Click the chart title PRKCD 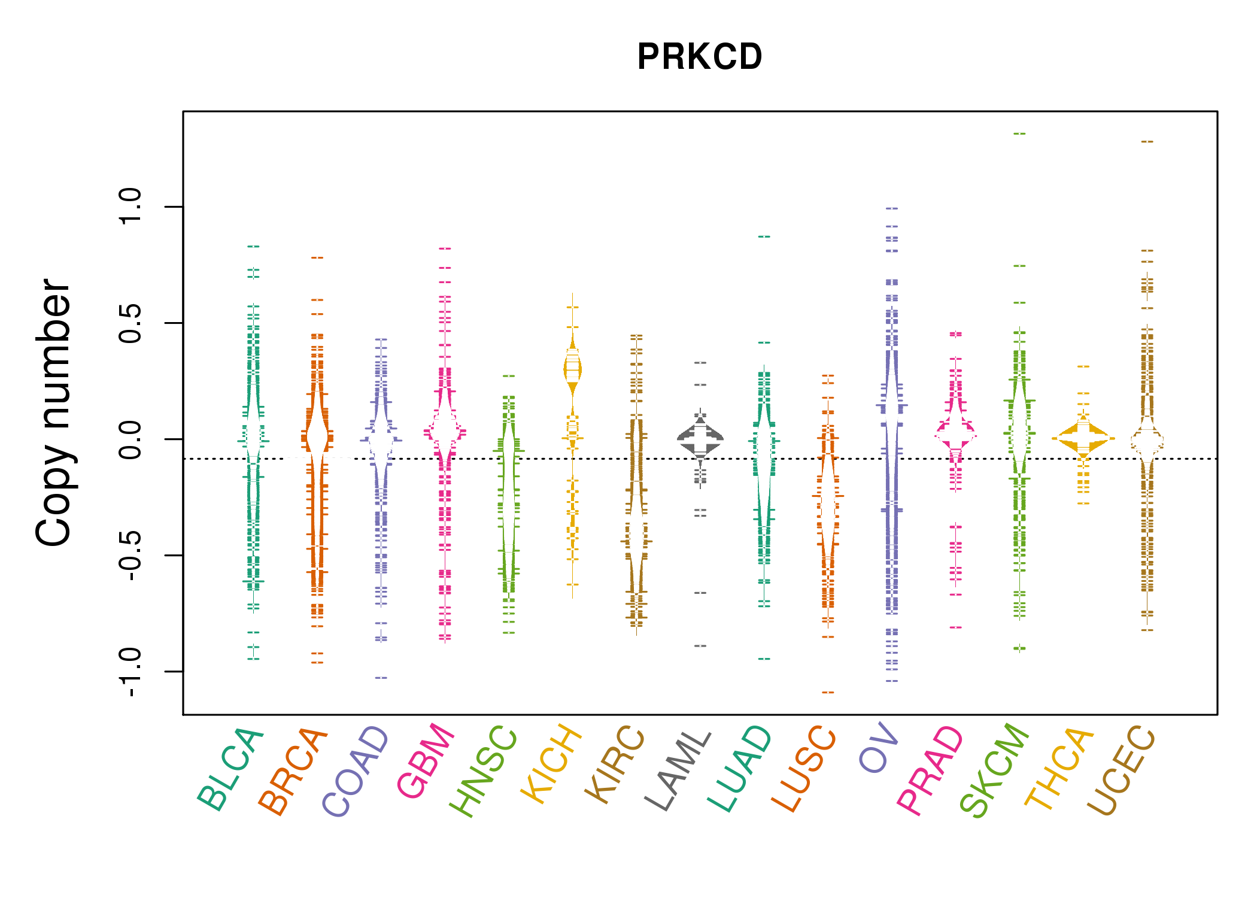tap(699, 57)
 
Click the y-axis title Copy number tap(54, 412)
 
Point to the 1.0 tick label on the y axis tap(130, 207)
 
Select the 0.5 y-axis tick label tap(130, 323)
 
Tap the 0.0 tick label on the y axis tap(130, 439)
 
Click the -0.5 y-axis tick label tap(130, 556)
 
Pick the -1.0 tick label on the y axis tap(130, 672)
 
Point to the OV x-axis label tap(879, 748)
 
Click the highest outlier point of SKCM tap(1019, 134)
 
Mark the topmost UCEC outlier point tap(1147, 142)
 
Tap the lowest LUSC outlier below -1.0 tap(828, 692)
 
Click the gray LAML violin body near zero tap(700, 439)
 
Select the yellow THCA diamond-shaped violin tap(1083, 439)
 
